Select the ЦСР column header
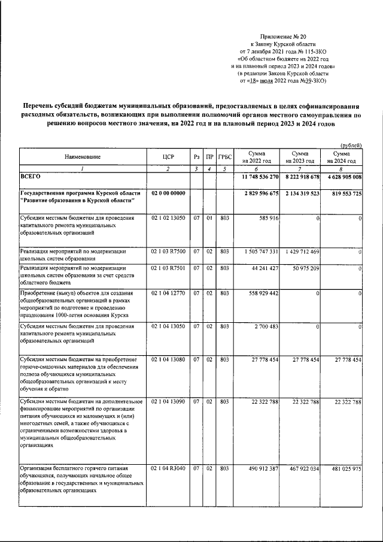tap(168, 157)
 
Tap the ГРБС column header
tap(224, 157)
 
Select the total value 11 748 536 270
tap(256, 178)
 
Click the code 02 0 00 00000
tap(169, 193)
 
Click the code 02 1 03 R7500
tap(168, 252)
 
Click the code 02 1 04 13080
tap(168, 359)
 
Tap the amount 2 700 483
tap(264, 326)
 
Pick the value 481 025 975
tap(342, 468)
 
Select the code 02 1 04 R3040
tap(168, 468)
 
